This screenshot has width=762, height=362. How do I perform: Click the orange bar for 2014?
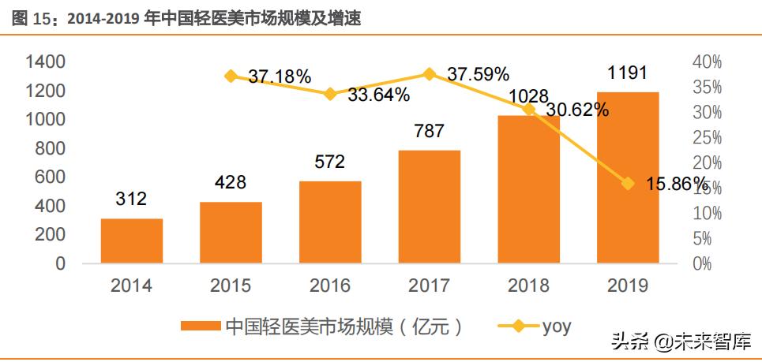pyautogui.click(x=132, y=241)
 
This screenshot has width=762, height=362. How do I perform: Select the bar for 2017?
pyautogui.click(x=429, y=206)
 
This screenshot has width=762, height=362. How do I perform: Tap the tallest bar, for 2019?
pyautogui.click(x=628, y=177)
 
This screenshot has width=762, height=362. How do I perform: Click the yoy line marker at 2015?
pyautogui.click(x=231, y=77)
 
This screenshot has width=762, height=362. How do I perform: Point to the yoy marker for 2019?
pyautogui.click(x=628, y=184)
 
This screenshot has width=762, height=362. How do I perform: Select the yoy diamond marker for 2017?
pyautogui.click(x=429, y=74)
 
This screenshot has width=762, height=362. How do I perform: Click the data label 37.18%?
pyautogui.click(x=279, y=77)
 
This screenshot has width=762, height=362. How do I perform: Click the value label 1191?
pyautogui.click(x=628, y=73)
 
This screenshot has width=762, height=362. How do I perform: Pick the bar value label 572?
pyautogui.click(x=329, y=162)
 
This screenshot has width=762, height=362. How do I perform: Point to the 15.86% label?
pyautogui.click(x=675, y=184)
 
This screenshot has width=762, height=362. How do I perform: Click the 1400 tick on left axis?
pyautogui.click(x=45, y=62)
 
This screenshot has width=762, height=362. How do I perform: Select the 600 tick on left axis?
pyautogui.click(x=50, y=177)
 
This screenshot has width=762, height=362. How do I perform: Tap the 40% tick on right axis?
pyautogui.click(x=706, y=62)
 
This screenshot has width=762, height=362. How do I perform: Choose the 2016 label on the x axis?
pyautogui.click(x=329, y=285)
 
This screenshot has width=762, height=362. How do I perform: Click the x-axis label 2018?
pyautogui.click(x=528, y=285)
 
